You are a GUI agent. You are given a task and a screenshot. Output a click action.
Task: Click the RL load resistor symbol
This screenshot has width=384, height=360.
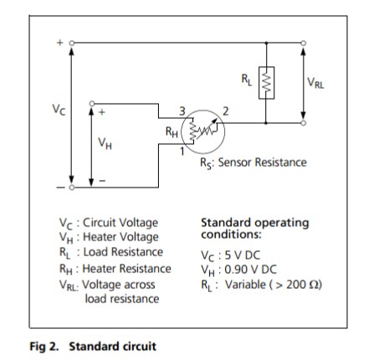(x=266, y=83)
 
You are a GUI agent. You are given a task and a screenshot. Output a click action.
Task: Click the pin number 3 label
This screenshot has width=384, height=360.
(x=182, y=111)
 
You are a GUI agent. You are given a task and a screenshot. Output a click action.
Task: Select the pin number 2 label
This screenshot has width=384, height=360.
(x=226, y=111)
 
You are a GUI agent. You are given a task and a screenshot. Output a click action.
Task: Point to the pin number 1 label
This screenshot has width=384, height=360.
(x=182, y=152)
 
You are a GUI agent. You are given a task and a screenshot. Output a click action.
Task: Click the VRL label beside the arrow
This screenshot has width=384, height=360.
(x=315, y=83)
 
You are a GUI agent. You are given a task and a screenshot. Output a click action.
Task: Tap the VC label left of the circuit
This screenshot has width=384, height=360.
(x=59, y=109)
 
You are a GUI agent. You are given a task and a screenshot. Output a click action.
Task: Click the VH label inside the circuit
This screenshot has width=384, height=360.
(x=105, y=144)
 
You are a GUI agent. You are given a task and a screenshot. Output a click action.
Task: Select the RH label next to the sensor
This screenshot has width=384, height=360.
(x=172, y=131)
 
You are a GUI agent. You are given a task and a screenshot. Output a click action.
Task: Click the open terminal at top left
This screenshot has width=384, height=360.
(x=72, y=43)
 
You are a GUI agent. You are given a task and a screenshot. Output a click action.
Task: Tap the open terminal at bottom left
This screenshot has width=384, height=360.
(x=72, y=188)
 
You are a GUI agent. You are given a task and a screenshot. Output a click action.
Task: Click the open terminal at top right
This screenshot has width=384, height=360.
(x=304, y=43)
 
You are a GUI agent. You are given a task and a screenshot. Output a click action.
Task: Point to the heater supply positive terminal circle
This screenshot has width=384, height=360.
(x=92, y=104)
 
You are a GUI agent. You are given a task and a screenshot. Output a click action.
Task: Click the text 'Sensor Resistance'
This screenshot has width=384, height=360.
(x=262, y=162)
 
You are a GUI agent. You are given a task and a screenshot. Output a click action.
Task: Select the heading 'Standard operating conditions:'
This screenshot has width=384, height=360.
(x=255, y=229)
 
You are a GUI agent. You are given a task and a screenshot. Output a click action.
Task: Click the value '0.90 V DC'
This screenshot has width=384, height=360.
(x=250, y=270)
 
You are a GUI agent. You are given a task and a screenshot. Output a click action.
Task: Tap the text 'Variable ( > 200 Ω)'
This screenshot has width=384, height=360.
(x=274, y=285)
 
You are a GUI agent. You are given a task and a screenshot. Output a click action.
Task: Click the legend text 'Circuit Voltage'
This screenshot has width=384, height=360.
(x=120, y=223)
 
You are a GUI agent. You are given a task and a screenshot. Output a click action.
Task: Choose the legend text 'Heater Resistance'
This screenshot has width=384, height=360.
(x=127, y=269)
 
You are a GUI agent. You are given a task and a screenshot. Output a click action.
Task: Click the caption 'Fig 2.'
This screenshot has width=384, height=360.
(x=44, y=347)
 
